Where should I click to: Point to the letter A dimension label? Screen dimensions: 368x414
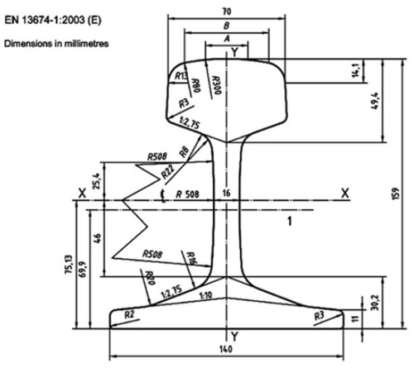pos(227,39)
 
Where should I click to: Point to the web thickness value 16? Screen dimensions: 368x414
pos(226,193)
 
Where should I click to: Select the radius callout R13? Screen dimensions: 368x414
pos(181,77)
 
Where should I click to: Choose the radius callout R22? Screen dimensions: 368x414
pos(168,172)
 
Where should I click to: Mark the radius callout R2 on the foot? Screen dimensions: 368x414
pos(128,313)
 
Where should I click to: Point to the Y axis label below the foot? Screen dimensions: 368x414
pos(234,335)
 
